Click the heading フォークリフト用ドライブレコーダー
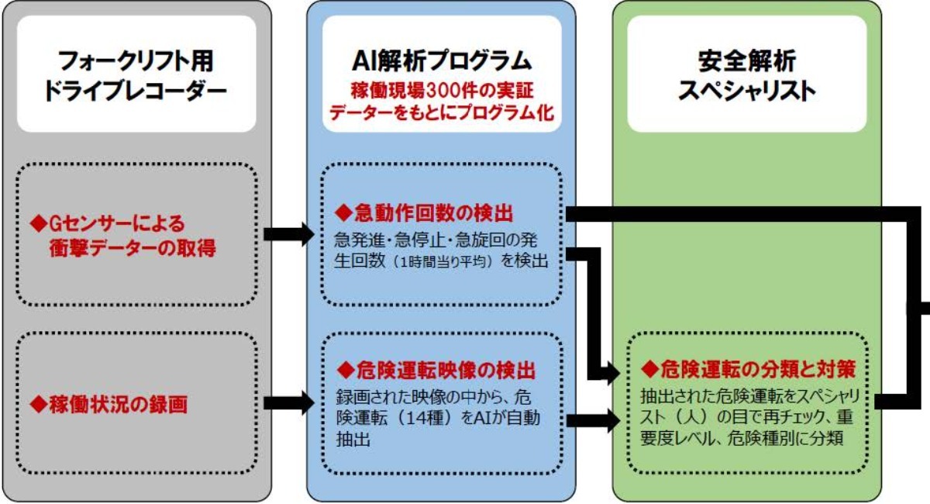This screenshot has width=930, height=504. point(136,74)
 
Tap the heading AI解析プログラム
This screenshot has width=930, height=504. point(441,59)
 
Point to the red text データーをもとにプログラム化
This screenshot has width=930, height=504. point(441,111)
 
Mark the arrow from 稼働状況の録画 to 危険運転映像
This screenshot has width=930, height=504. point(288,402)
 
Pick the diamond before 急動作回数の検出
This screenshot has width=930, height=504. point(342,212)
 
